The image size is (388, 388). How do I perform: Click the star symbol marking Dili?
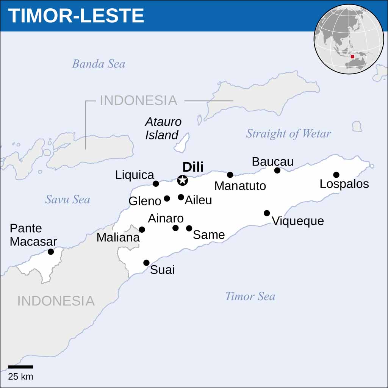(x=183, y=180)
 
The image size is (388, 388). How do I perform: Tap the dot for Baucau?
(x=277, y=171)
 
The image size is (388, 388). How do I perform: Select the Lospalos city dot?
(x=336, y=175)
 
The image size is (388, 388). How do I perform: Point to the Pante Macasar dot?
(x=51, y=252)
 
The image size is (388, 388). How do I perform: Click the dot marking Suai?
(x=146, y=263)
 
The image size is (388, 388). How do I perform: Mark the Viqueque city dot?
(x=267, y=213)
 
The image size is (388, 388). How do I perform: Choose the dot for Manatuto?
(x=230, y=175)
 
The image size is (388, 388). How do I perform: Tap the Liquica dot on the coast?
(x=156, y=184)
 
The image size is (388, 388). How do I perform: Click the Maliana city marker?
(x=142, y=230)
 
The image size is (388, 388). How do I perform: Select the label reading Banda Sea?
(x=99, y=64)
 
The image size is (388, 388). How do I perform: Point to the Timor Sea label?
(x=250, y=296)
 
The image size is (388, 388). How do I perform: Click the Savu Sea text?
(x=67, y=199)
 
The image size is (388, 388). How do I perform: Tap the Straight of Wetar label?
(x=288, y=133)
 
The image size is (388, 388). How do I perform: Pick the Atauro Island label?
(x=163, y=128)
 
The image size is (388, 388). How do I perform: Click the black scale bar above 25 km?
(x=20, y=367)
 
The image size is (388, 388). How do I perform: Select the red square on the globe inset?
(x=352, y=56)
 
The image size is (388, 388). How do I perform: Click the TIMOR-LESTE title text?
(x=76, y=16)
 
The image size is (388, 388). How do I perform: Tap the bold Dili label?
(x=193, y=167)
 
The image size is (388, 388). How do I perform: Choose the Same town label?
(x=209, y=235)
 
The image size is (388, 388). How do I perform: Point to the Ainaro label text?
(x=166, y=218)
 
